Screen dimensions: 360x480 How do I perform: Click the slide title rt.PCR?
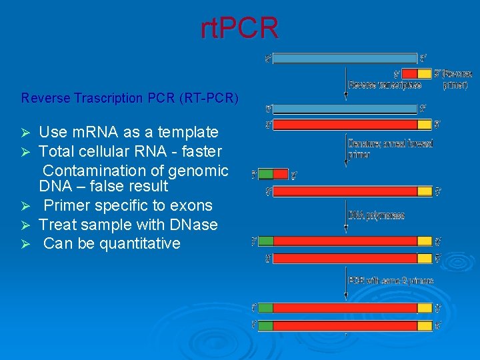coord(239,29)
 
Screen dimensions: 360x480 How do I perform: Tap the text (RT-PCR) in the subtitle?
coord(209,98)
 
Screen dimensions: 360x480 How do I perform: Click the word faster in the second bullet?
coord(199,151)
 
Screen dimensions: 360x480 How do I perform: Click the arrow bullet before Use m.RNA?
coord(26,133)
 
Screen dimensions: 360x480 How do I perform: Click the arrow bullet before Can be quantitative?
coord(26,244)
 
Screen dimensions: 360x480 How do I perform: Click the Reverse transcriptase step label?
coord(385,85)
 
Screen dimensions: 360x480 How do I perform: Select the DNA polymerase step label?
coord(377,215)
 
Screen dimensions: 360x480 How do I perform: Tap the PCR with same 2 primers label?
coord(391,281)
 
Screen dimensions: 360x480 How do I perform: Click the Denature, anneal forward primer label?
coord(391,148)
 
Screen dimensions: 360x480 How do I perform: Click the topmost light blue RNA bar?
coord(345,58)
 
